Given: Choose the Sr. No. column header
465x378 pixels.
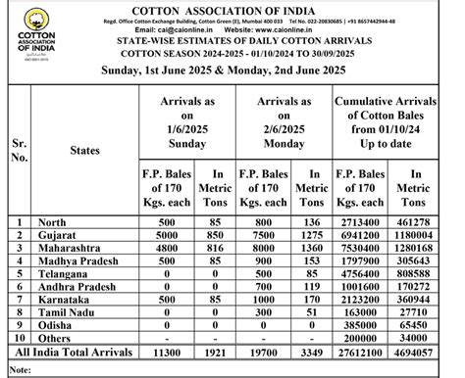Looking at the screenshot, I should click(x=20, y=150).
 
